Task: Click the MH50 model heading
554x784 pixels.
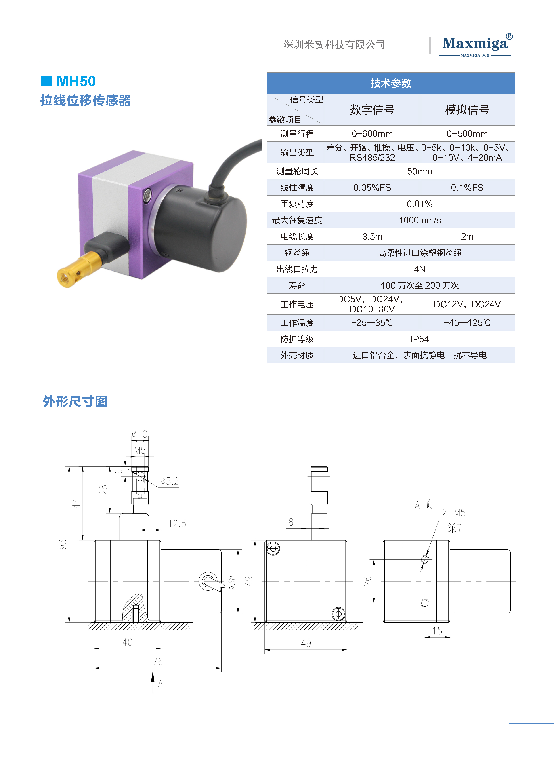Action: (76, 81)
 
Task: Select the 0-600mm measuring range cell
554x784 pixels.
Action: (372, 133)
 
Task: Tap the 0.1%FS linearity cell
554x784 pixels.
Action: (467, 188)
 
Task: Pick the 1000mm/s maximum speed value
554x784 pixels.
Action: (420, 220)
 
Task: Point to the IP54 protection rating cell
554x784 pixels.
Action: (420, 339)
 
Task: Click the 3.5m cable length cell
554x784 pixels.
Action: (372, 236)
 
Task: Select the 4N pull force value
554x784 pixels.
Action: (420, 269)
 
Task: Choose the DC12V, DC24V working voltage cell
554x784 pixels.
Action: (467, 304)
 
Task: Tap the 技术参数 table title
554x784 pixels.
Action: (391, 83)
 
